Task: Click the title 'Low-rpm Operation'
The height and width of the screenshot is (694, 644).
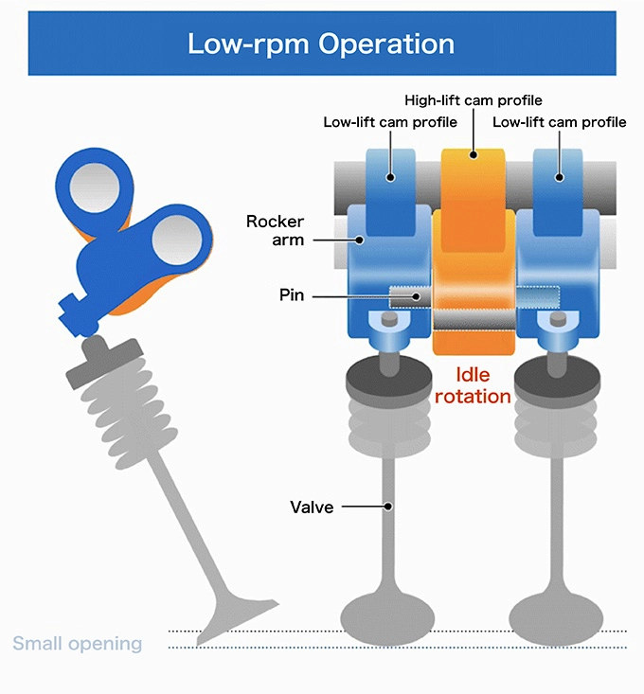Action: [321, 44]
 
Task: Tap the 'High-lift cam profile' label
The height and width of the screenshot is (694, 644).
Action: [473, 100]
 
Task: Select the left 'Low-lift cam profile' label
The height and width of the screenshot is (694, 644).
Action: [390, 122]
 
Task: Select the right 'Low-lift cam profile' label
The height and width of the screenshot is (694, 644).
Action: [559, 122]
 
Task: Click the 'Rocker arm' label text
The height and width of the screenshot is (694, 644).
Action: [275, 230]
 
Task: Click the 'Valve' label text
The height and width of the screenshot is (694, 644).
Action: [312, 507]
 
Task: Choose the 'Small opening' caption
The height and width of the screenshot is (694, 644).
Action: [77, 644]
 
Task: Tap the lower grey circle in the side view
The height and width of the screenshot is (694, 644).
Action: [173, 238]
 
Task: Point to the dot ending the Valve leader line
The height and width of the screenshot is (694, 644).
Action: [389, 507]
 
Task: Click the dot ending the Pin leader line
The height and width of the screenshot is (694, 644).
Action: [414, 296]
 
